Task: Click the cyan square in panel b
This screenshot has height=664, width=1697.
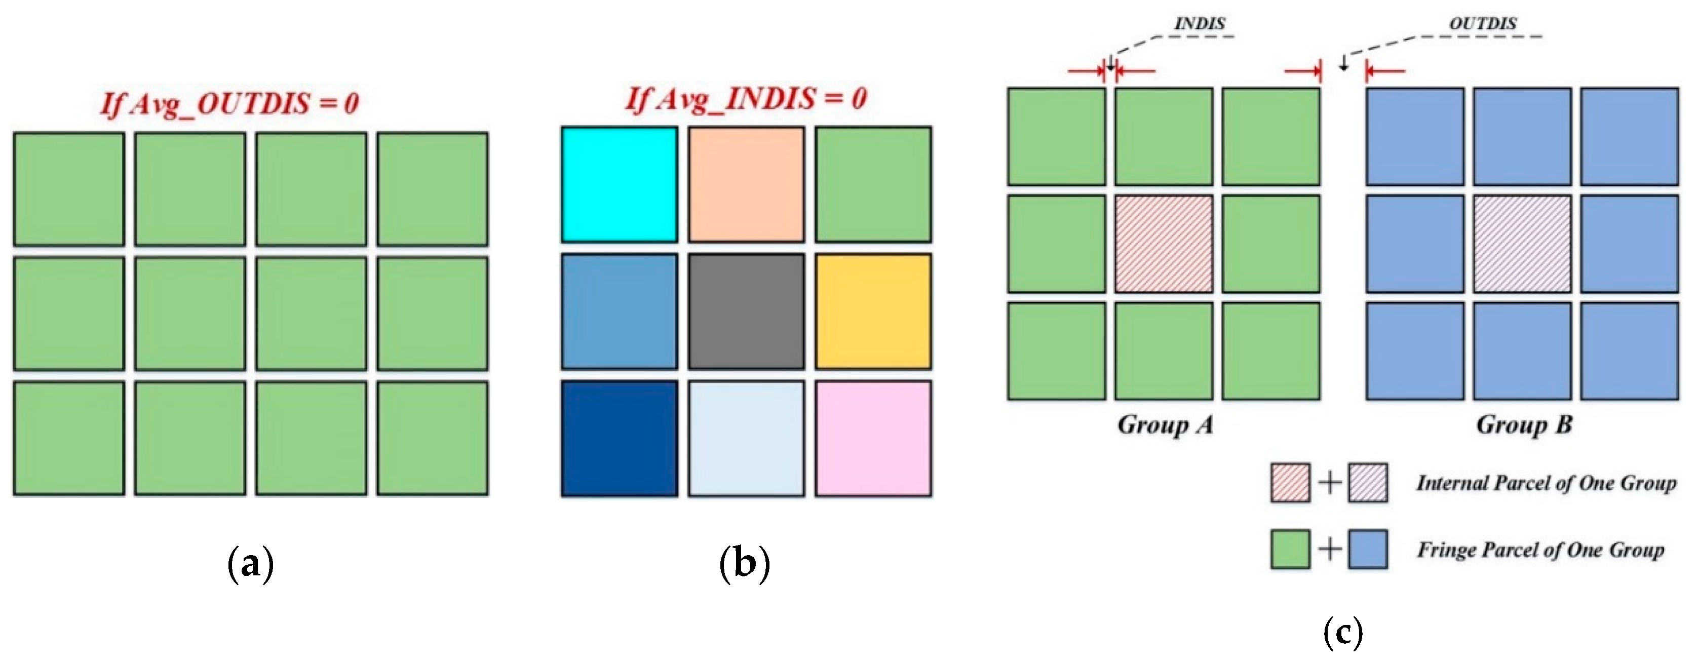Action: (619, 184)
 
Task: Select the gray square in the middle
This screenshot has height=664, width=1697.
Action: (746, 311)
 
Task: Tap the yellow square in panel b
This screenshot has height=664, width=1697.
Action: (873, 311)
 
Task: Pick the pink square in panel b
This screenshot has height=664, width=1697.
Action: (873, 438)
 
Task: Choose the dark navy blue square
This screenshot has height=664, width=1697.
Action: (619, 438)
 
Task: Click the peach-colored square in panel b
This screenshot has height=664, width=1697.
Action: (746, 184)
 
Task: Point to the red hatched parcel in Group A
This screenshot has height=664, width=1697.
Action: (1164, 244)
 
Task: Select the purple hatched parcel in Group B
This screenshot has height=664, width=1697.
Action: (1522, 244)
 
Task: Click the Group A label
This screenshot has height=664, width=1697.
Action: (1165, 425)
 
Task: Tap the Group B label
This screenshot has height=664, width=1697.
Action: (1524, 425)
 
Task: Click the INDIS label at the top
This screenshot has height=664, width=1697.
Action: (1200, 24)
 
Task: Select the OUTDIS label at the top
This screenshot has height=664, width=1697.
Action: (1482, 24)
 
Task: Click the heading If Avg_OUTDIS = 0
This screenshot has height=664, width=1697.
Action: (229, 104)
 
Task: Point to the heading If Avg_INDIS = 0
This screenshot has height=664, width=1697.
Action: (746, 99)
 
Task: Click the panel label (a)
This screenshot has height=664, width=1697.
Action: (250, 564)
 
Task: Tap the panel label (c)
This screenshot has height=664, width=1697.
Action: (1342, 633)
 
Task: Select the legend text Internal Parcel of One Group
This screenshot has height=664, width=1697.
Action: (1546, 483)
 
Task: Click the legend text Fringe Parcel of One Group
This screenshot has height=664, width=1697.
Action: (1540, 550)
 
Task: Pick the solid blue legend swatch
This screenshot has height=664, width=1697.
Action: (1368, 549)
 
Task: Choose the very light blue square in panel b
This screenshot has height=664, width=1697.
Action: (746, 438)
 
